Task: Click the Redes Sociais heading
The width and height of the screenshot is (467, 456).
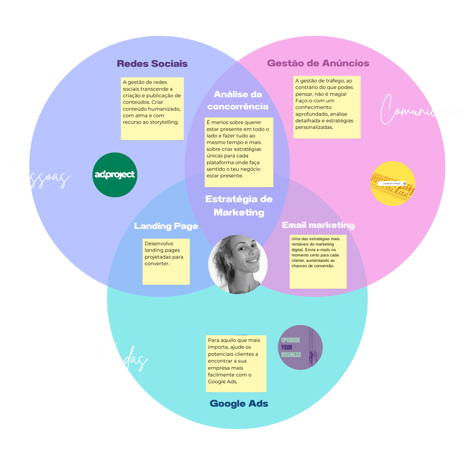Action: tap(152, 63)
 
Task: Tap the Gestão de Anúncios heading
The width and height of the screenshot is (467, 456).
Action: tap(318, 63)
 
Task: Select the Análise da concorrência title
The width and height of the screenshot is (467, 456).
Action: tap(238, 100)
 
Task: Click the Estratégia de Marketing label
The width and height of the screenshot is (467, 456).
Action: tap(239, 205)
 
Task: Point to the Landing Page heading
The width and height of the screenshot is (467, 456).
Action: tap(166, 226)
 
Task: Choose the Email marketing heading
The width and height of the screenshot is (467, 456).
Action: tap(318, 225)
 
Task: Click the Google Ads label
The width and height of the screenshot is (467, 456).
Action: tap(239, 403)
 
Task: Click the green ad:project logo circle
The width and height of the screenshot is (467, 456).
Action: tap(115, 175)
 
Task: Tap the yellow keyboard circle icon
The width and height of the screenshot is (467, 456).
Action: tap(393, 183)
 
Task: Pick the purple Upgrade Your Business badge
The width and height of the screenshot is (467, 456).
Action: tap(300, 348)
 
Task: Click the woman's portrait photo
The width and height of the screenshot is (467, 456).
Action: tap(238, 264)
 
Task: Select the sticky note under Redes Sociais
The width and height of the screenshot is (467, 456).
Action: tap(152, 108)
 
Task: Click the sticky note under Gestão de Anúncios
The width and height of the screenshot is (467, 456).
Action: tap(327, 107)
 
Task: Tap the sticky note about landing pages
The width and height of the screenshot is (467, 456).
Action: tap(166, 261)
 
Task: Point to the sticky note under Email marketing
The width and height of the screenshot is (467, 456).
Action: tap(318, 261)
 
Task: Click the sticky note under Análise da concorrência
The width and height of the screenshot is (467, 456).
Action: tap(239, 152)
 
